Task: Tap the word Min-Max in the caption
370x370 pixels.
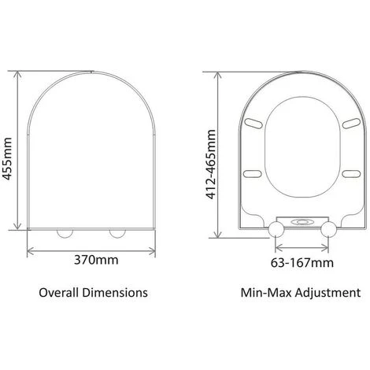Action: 263,292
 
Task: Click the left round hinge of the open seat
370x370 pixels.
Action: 277,229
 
